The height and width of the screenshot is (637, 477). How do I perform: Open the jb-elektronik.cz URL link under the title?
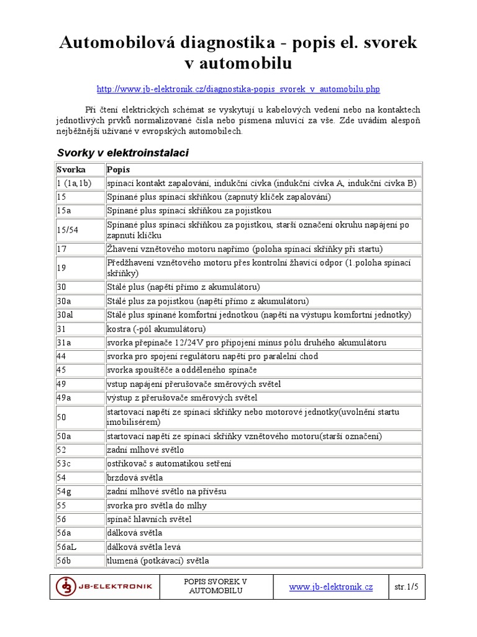238,90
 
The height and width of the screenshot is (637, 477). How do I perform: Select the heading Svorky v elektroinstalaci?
122,152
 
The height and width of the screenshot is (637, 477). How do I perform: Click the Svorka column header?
71,170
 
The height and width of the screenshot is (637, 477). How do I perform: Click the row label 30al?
65,315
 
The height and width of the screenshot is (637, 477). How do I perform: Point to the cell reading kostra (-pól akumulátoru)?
156,329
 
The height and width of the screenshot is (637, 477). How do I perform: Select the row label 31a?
64,343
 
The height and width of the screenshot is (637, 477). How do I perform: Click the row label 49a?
64,398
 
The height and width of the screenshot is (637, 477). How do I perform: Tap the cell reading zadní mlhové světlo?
145,450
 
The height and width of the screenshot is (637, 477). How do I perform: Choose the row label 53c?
64,464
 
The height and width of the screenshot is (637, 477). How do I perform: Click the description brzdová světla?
135,478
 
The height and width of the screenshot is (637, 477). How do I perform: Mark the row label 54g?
64,491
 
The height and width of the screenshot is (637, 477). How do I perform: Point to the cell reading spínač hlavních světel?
149,519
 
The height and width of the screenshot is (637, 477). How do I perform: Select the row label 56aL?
66,547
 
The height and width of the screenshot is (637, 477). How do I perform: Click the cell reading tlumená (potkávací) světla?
158,560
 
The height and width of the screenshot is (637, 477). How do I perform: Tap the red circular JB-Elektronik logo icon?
66,587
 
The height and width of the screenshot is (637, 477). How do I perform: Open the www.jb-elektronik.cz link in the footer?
331,587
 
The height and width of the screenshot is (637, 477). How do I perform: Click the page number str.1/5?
407,586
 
